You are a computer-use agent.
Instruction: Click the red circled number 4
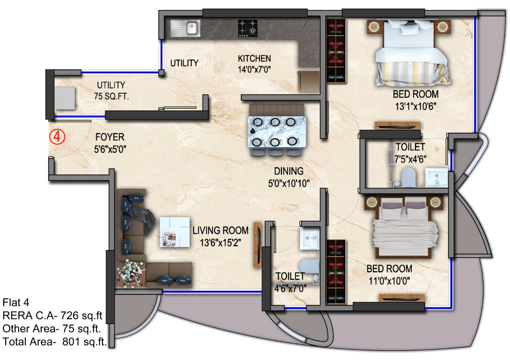pos(57,137)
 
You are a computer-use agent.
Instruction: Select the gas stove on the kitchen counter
pos(248,28)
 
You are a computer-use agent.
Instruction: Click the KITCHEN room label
pos(254,59)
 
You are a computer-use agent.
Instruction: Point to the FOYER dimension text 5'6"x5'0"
pos(110,149)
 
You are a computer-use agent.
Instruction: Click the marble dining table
pos(277,132)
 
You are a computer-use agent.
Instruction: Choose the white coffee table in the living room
pos(175,232)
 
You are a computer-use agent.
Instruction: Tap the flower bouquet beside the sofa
pos(131,273)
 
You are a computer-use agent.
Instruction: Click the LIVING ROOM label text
pos(220,231)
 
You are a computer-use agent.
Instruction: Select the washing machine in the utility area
pos(65,98)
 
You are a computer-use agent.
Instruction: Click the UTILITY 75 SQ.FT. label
pos(111,91)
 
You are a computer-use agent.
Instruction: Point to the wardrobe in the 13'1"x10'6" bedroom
pos(337,51)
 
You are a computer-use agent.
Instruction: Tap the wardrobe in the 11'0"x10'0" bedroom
pos(336,272)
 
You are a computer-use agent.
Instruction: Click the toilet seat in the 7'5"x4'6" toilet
pos(408,177)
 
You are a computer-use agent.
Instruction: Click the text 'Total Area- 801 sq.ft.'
pos(55,342)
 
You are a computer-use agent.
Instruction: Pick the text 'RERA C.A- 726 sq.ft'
pos(52,316)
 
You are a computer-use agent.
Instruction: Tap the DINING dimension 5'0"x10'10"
pos(289,184)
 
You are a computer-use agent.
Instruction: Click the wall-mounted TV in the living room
pos(257,245)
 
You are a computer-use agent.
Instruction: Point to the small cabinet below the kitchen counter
pos(309,82)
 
